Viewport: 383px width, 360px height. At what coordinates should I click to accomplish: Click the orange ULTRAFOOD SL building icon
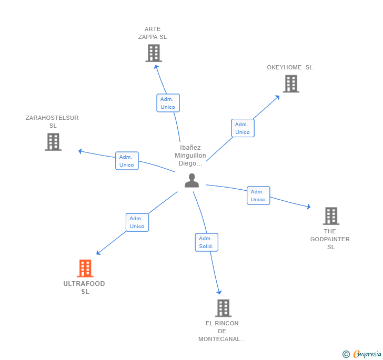(85, 269)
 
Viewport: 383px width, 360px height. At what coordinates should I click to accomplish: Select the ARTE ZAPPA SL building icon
(154, 53)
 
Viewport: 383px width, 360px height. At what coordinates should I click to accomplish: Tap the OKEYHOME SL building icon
(291, 84)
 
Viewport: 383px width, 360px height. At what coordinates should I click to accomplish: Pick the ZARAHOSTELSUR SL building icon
(53, 142)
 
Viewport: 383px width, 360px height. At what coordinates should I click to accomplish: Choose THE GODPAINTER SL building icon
(331, 216)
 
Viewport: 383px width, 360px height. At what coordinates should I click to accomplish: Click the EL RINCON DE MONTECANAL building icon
(223, 308)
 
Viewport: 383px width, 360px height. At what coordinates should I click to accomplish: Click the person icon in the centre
(192, 180)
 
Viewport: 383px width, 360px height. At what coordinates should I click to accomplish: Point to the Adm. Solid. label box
(206, 242)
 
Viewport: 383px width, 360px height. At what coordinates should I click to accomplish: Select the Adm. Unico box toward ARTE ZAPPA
(168, 103)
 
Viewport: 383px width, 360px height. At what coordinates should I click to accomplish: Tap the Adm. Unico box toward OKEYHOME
(243, 128)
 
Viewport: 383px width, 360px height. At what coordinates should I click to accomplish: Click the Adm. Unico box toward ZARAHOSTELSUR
(127, 161)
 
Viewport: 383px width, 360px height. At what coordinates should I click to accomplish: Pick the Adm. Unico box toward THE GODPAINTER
(258, 196)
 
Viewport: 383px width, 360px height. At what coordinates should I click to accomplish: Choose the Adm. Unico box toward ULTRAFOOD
(137, 222)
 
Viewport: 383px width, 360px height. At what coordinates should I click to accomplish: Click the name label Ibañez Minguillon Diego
(190, 156)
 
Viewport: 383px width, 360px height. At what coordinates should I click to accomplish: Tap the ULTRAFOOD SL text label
(84, 287)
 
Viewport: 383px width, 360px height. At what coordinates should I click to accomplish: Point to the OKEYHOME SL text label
(289, 67)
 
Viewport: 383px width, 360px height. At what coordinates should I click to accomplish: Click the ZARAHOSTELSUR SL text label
(52, 122)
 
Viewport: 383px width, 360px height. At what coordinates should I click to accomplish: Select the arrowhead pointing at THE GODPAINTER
(308, 207)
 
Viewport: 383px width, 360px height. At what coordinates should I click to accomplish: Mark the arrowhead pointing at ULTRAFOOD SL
(98, 253)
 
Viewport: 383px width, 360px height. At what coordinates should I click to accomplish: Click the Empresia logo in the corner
(362, 354)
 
